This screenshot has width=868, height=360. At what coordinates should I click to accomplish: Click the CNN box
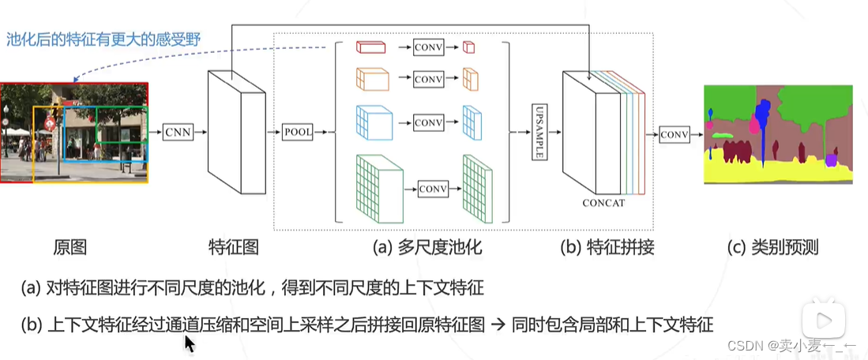point(178,133)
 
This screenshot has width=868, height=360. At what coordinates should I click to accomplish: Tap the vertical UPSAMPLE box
point(540,131)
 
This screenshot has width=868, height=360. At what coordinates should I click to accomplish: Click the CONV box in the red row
point(428,48)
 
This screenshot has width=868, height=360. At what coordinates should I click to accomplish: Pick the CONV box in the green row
point(433,189)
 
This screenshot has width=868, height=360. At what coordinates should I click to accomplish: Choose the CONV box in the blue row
point(428,122)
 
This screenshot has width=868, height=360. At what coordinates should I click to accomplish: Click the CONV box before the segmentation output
point(674,134)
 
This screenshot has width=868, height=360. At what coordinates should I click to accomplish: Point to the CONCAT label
point(603,203)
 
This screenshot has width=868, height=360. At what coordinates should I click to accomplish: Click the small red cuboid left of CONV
point(370,47)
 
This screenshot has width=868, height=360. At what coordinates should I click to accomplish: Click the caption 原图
point(70,248)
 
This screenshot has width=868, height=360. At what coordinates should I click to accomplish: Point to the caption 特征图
point(233,248)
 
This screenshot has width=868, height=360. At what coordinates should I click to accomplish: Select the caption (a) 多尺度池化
point(427,248)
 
